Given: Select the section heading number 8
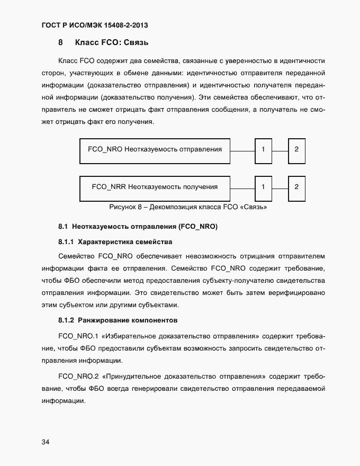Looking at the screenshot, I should tap(61, 42).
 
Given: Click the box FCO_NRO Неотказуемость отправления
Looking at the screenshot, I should tap(155, 149).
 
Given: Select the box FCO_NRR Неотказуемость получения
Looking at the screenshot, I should tap(155, 186).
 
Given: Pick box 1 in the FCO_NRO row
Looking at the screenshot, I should tap(263, 149).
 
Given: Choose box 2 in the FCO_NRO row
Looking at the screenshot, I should tap(296, 149).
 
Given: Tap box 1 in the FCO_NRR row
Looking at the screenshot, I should tap(263, 186).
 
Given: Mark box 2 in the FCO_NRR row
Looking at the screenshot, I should tap(296, 186).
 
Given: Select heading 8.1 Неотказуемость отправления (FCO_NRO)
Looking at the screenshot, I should tap(138, 227).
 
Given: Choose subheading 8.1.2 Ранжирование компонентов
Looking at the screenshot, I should tap(118, 320).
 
